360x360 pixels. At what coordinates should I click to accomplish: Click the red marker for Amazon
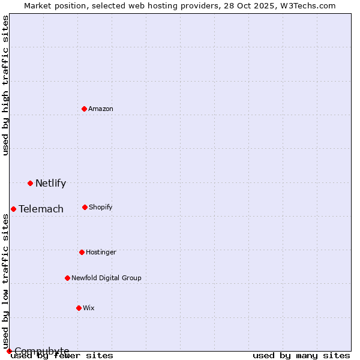84,109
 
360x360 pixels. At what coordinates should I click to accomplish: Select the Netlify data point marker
30,183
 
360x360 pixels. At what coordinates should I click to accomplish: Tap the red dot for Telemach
13,209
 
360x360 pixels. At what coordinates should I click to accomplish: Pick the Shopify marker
85,207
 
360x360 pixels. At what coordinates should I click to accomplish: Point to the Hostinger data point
82,252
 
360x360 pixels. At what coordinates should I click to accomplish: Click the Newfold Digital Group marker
67,278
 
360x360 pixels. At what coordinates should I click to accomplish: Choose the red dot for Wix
79,308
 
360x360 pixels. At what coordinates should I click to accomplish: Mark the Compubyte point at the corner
9,351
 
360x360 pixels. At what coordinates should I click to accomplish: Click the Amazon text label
101,109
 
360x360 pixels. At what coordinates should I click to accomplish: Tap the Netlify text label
50,183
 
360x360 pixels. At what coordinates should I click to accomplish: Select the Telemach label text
41,209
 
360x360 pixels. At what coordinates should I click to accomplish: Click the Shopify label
101,207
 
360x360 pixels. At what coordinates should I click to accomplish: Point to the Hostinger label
101,252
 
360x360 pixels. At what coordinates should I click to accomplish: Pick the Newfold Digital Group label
106,278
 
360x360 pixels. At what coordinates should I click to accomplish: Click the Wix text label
89,308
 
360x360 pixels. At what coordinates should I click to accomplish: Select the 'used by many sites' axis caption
301,355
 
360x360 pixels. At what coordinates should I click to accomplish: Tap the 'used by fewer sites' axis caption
62,355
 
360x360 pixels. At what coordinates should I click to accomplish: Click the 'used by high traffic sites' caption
5,85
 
